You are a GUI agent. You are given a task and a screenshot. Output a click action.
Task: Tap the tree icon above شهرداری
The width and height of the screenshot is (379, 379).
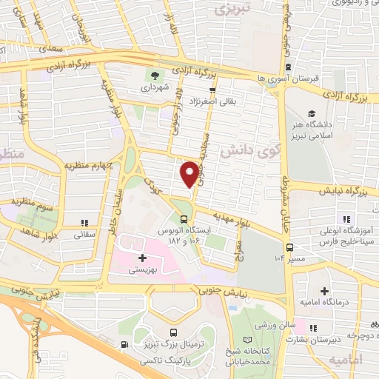click(x=155, y=75)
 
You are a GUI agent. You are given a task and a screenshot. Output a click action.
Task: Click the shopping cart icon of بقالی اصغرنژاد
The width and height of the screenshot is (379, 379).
click(x=212, y=90)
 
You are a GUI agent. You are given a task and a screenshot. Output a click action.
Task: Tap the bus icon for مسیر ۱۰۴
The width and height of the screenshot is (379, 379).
click(x=289, y=247)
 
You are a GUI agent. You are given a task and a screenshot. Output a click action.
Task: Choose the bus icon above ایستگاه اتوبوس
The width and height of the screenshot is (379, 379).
click(x=184, y=219)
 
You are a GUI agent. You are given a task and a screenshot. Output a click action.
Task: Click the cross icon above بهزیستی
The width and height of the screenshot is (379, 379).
click(x=141, y=258)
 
